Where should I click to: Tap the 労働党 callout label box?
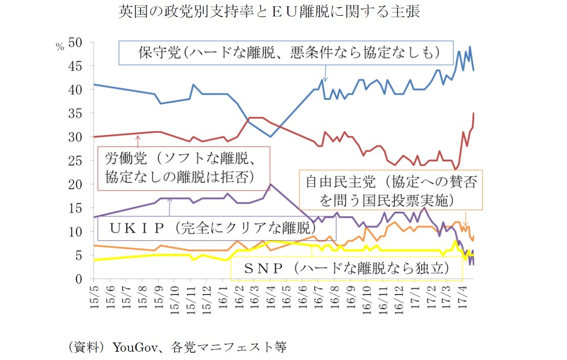pos(184,168)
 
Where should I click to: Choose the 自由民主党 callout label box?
pos(390,190)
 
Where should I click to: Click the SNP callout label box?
pos(346,268)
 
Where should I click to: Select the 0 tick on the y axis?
pos(79,279)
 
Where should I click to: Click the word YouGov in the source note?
pos(131,347)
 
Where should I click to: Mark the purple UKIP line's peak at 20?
pos(270,184)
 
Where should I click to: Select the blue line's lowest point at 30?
pos(270,137)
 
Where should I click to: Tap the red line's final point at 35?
pos(474,113)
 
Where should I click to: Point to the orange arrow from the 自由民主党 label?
pos(466,218)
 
